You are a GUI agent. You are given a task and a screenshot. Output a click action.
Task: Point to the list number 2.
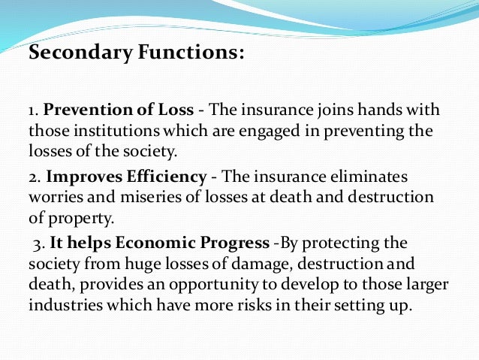point(35,177)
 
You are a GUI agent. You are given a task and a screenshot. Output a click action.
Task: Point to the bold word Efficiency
point(164,177)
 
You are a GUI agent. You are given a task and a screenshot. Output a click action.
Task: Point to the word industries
point(63,309)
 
